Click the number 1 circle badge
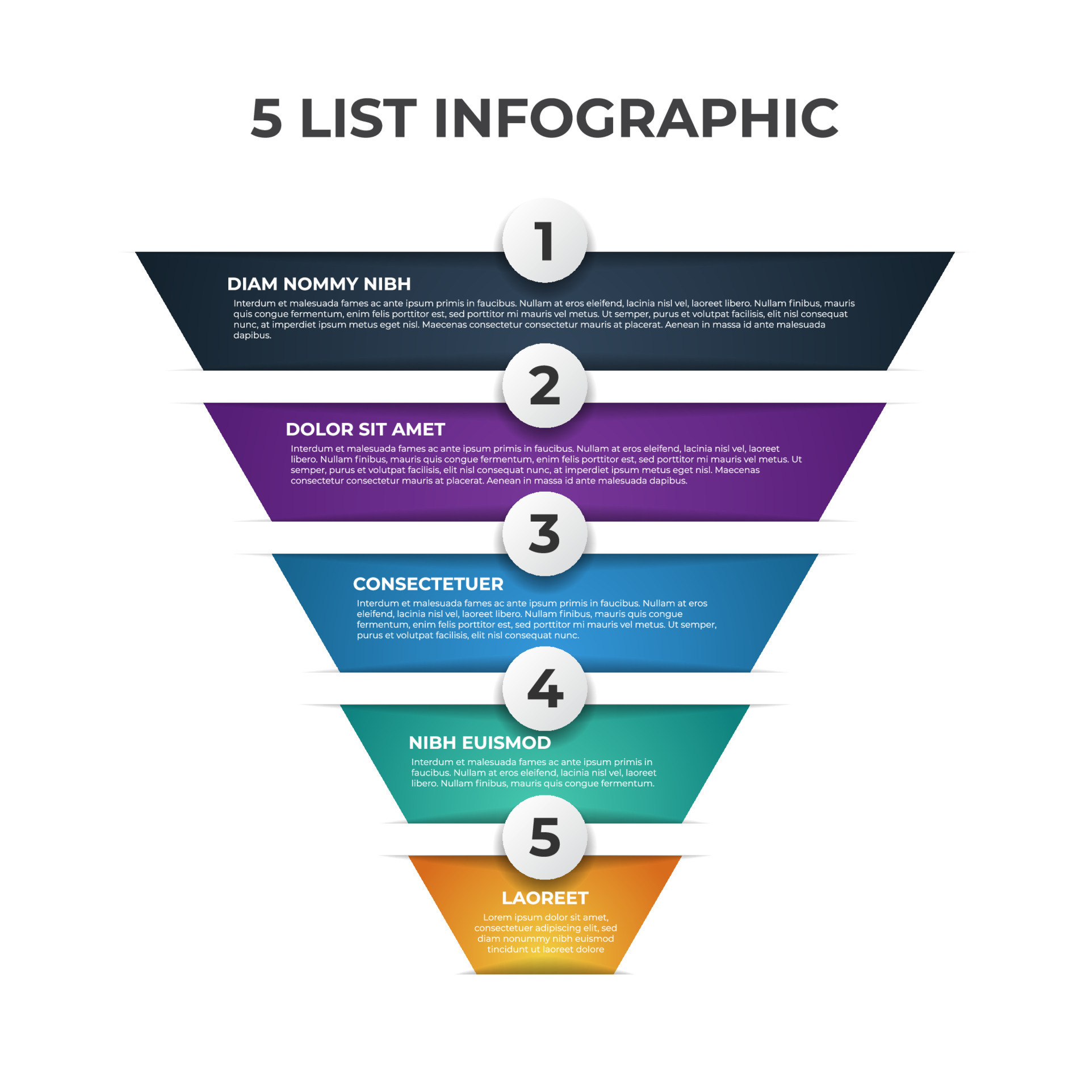[x=544, y=240]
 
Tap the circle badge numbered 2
[x=544, y=385]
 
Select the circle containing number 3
[x=544, y=534]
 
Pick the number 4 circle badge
[x=544, y=689]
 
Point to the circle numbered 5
[x=544, y=837]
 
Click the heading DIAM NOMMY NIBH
[x=318, y=284]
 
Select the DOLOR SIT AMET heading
[x=365, y=429]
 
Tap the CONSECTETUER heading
[x=428, y=584]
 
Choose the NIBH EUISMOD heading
[x=480, y=743]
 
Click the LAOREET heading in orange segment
[x=545, y=898]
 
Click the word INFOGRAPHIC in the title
[x=636, y=118]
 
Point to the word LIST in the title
[x=358, y=118]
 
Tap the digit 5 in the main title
[x=266, y=118]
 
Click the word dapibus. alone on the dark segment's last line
[x=252, y=336]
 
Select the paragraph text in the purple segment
[x=546, y=464]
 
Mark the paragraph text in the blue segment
[x=536, y=619]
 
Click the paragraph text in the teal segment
[x=533, y=773]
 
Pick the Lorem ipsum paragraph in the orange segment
[x=546, y=933]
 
